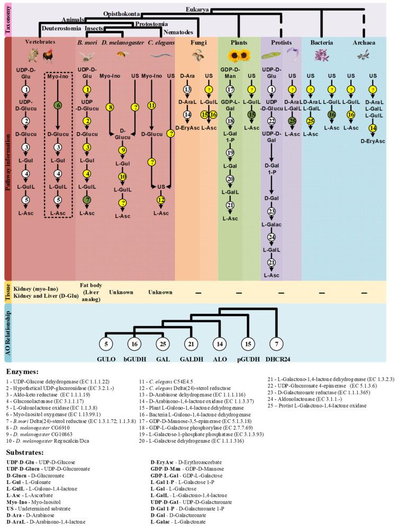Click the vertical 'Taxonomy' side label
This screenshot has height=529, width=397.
(8, 19)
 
